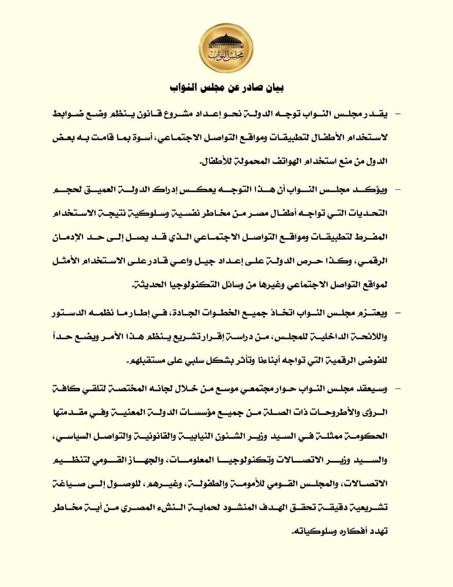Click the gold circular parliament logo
pyautogui.click(x=226, y=49)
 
